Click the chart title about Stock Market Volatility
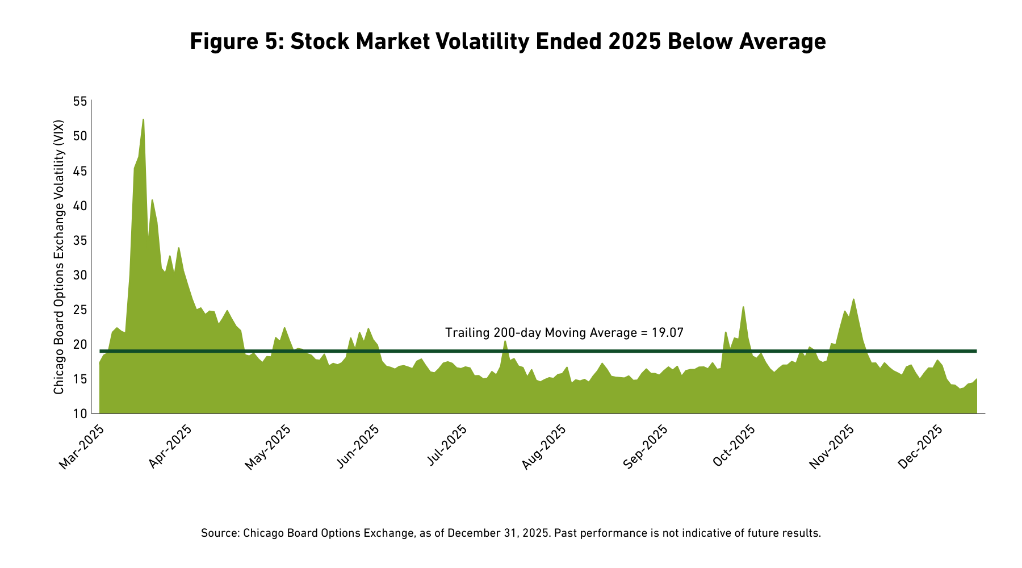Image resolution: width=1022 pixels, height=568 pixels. coord(508,41)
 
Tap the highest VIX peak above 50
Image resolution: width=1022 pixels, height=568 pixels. coord(143,120)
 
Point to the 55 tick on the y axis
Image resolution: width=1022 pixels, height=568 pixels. coord(81,102)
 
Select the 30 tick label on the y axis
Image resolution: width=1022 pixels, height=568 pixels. coord(81,275)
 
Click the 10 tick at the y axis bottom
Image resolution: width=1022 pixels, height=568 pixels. coord(81,414)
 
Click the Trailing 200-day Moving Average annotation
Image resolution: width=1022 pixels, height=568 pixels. coord(564,333)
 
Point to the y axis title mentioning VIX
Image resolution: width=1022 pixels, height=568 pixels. coord(59,257)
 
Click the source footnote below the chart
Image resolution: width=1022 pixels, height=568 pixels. coord(511,533)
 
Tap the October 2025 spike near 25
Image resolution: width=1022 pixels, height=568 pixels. coord(743,308)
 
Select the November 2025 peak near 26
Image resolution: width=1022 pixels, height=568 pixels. coord(853,300)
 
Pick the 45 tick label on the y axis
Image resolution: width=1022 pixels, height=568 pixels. coord(81,171)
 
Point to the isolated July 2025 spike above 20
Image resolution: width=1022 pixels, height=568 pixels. coord(505,341)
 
